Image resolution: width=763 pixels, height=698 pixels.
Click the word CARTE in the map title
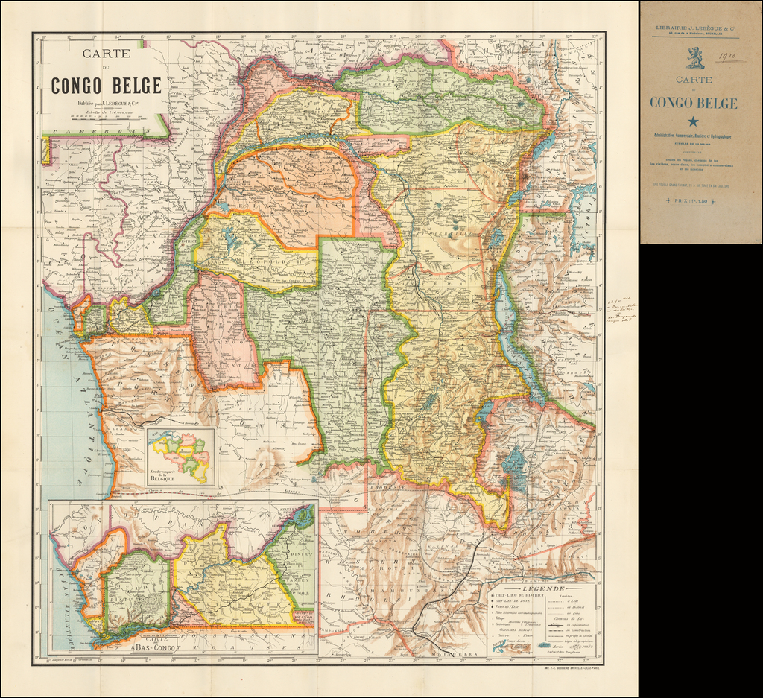point(106,54)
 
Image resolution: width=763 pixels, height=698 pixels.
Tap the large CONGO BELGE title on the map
point(106,85)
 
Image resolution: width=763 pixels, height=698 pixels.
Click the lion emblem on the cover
point(694,57)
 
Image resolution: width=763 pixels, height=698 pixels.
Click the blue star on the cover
point(694,121)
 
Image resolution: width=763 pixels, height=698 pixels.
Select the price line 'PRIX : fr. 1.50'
point(694,201)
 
